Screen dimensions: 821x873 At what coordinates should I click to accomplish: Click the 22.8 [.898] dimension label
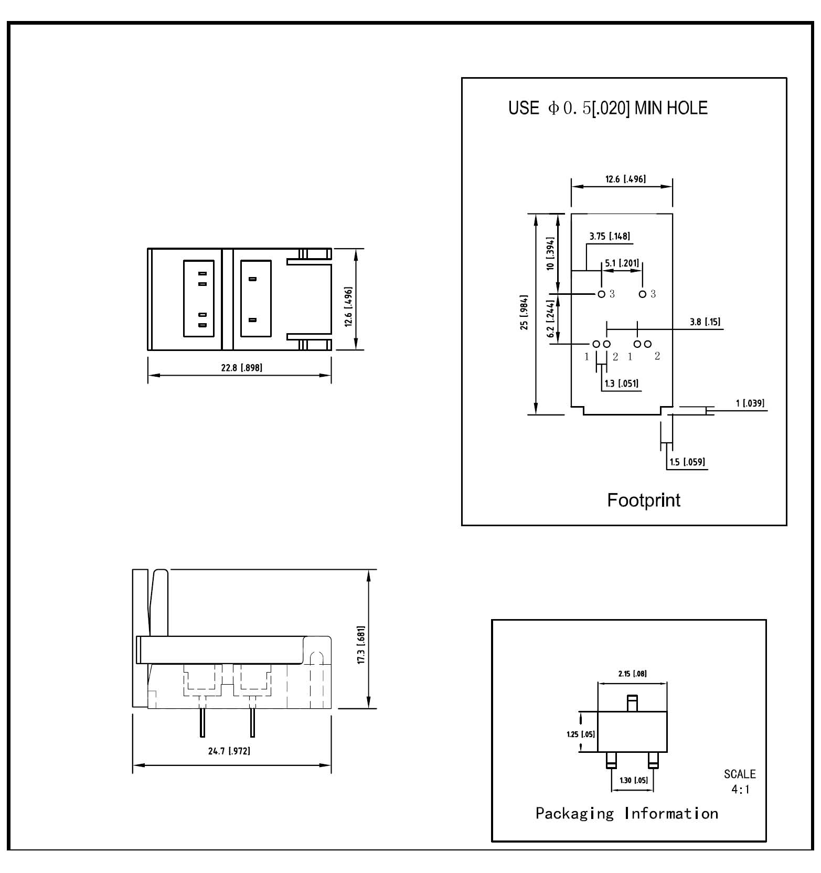(x=241, y=367)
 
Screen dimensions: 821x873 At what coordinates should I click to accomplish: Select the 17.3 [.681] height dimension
(x=361, y=645)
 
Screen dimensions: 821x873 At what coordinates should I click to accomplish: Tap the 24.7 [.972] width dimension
(x=229, y=751)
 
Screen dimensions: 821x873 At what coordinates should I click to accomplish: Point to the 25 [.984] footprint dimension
(x=524, y=313)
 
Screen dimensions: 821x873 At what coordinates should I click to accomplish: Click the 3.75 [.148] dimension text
(x=610, y=236)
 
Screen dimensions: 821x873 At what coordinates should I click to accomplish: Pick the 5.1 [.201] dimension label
(x=622, y=263)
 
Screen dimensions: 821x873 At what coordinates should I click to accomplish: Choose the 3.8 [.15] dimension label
(x=705, y=322)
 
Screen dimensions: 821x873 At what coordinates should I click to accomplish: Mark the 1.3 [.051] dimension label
(x=622, y=383)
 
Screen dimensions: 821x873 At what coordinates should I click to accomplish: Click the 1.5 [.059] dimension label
(x=687, y=462)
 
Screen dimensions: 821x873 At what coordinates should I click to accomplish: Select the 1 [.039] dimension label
(x=750, y=403)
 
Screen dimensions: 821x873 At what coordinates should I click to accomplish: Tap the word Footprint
(x=644, y=500)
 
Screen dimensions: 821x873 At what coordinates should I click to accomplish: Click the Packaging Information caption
(x=627, y=813)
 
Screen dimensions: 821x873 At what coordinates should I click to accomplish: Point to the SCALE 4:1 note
(x=740, y=782)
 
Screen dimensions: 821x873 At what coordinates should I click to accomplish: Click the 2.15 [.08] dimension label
(x=632, y=674)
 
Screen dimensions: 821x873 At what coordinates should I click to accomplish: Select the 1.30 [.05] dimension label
(x=634, y=780)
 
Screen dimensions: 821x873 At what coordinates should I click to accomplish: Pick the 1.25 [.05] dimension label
(x=581, y=734)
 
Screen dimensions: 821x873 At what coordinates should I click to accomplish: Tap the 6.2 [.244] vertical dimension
(x=550, y=318)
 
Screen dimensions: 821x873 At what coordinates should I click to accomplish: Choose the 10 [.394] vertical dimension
(x=550, y=253)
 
